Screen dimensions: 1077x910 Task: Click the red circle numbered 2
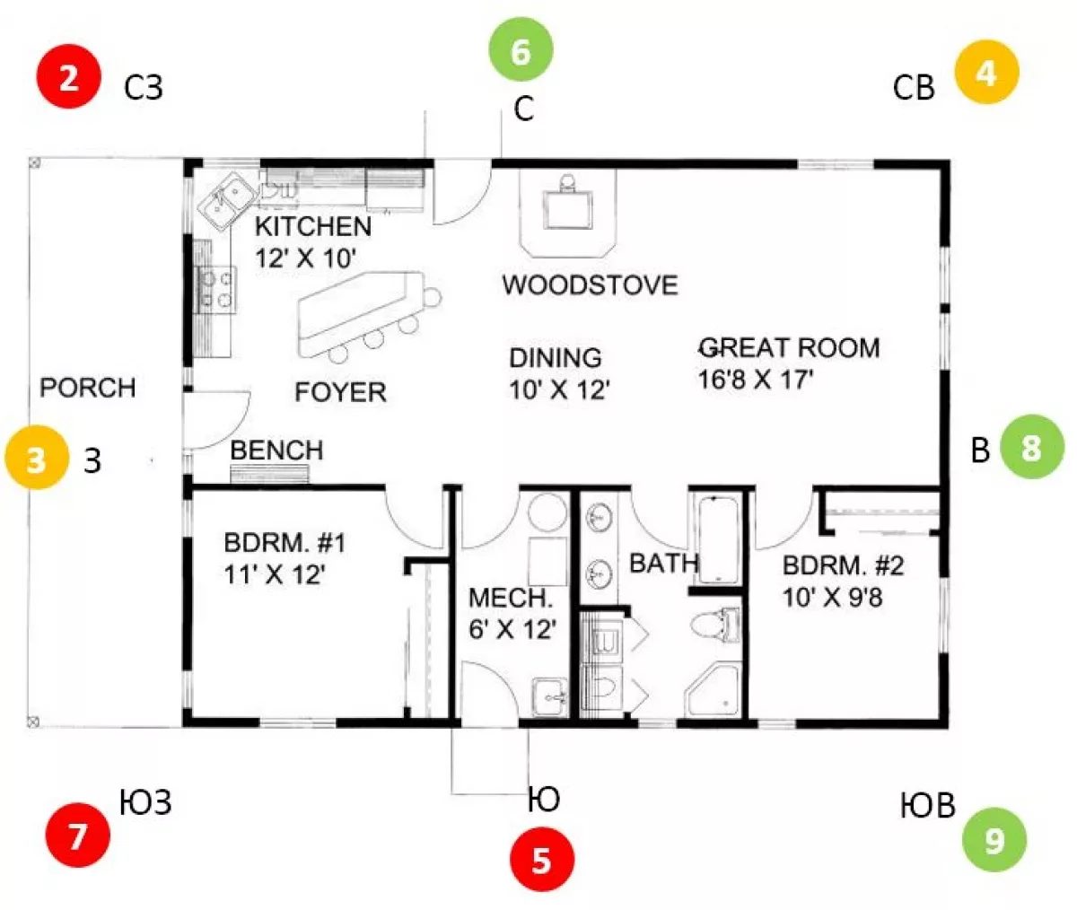pos(68,76)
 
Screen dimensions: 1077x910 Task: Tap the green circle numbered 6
pos(521,49)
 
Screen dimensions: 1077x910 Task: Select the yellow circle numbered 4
pos(986,72)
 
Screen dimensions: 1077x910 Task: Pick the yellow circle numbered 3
pos(37,457)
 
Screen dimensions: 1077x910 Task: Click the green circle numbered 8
pos(1032,447)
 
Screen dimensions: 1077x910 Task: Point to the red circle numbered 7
pos(78,836)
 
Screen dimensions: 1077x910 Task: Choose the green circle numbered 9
pos(994,840)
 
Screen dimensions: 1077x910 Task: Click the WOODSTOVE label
pos(590,285)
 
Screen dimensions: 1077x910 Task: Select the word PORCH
pos(88,388)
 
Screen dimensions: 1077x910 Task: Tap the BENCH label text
pos(276,451)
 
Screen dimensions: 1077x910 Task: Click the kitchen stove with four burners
pos(216,290)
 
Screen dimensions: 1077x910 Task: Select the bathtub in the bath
pos(717,539)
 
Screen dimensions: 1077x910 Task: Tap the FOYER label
pos(340,392)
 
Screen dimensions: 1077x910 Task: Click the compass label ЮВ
pos(927,806)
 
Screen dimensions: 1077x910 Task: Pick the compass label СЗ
pos(144,88)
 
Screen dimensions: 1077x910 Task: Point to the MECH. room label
pos(510,599)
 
